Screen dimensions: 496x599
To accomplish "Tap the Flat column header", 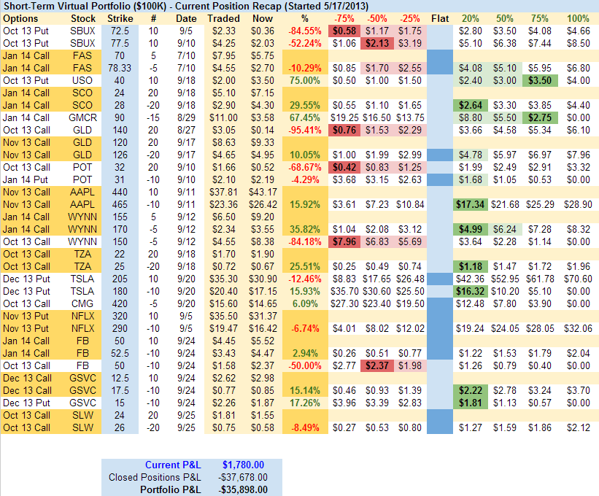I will (x=440, y=18).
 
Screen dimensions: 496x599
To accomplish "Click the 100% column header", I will (x=578, y=18).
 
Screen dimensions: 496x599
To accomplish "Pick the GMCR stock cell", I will (x=83, y=117).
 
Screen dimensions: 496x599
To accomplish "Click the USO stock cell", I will (x=83, y=80).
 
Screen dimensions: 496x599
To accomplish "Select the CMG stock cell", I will (x=83, y=303).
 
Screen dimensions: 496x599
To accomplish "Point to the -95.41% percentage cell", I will (x=305, y=130).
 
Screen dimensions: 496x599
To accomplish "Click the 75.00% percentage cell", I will (x=305, y=80).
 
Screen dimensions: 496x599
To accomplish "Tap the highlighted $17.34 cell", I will (x=471, y=204).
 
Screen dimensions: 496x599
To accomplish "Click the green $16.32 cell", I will (x=471, y=291).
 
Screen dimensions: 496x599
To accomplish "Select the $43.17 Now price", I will (x=260, y=192).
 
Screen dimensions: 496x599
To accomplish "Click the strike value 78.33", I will (x=115, y=68).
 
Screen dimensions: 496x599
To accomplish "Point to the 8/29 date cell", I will (x=186, y=117).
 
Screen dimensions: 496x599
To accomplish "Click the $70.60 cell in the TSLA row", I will (x=578, y=279).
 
